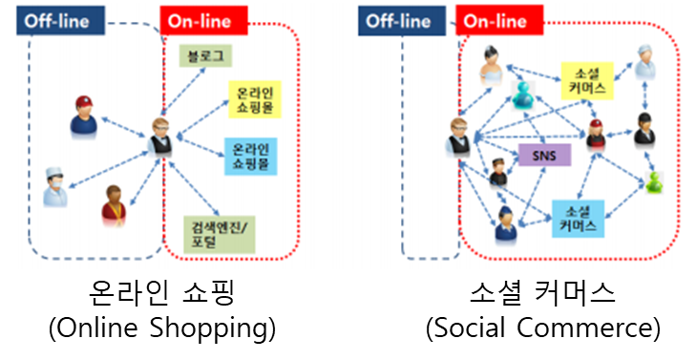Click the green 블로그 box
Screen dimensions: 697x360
coord(205,55)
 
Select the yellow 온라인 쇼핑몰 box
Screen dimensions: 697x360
coord(255,99)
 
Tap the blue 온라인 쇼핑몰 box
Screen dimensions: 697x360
coord(251,157)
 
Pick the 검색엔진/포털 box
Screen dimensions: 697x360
coord(220,235)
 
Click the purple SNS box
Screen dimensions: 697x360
coord(544,155)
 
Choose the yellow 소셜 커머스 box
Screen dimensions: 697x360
coord(587,80)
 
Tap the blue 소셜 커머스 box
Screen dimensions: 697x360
coord(578,219)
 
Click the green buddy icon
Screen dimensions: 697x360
coord(654,182)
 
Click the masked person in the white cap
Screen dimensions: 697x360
coord(55,186)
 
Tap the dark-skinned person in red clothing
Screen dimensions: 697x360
coord(114,205)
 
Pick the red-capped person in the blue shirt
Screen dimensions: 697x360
coord(83,116)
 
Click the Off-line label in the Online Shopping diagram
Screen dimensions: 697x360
coord(61,20)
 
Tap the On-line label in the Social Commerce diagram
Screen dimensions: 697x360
coord(499,20)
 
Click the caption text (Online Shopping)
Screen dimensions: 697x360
coord(162,328)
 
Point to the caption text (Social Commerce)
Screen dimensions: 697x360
coord(542,328)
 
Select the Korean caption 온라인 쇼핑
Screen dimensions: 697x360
coord(161,292)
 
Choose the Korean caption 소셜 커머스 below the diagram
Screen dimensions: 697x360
coord(542,292)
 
